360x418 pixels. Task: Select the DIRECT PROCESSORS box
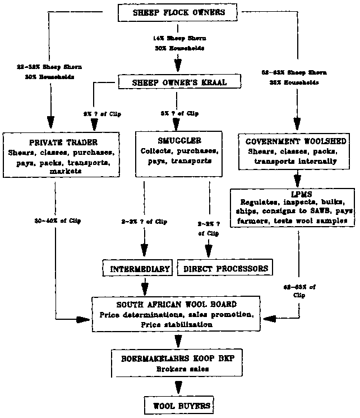[227, 269]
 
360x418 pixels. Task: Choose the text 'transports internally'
[295, 161]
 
